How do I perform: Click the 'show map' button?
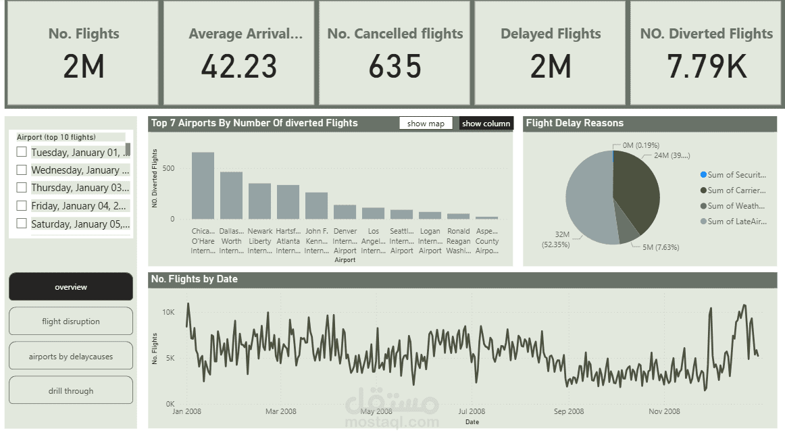[x=426, y=124]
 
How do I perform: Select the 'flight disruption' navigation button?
[x=71, y=321]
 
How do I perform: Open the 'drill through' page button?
[x=71, y=390]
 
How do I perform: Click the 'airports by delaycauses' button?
[x=71, y=356]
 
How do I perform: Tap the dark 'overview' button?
[x=71, y=287]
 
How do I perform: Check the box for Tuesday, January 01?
[x=22, y=153]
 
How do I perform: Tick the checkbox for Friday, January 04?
[x=22, y=206]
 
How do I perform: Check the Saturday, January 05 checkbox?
[x=22, y=224]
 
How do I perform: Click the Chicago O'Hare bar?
[x=203, y=186]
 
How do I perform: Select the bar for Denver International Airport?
[x=345, y=212]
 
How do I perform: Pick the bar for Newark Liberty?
[x=259, y=201]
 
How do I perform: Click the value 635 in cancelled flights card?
[x=395, y=66]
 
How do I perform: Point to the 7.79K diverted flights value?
[x=706, y=66]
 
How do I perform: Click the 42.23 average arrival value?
[x=239, y=66]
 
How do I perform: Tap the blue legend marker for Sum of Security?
[x=703, y=175]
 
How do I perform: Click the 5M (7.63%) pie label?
[x=656, y=247]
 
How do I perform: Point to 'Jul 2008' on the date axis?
[x=472, y=411]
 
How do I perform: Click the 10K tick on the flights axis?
[x=168, y=313]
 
